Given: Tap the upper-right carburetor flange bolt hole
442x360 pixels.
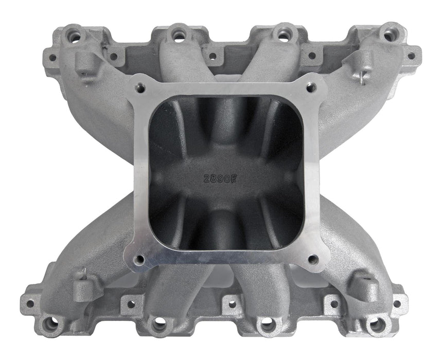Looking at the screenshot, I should coord(310,88).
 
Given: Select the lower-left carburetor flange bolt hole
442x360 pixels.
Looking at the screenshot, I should coord(139,260).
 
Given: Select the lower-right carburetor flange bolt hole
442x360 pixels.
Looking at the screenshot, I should coord(312,259).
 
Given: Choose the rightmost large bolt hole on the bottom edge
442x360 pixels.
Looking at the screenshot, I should coord(377,324).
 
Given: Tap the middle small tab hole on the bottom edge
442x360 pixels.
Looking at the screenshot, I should coord(233,304).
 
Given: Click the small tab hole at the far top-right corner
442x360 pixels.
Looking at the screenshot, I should coord(411,56).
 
